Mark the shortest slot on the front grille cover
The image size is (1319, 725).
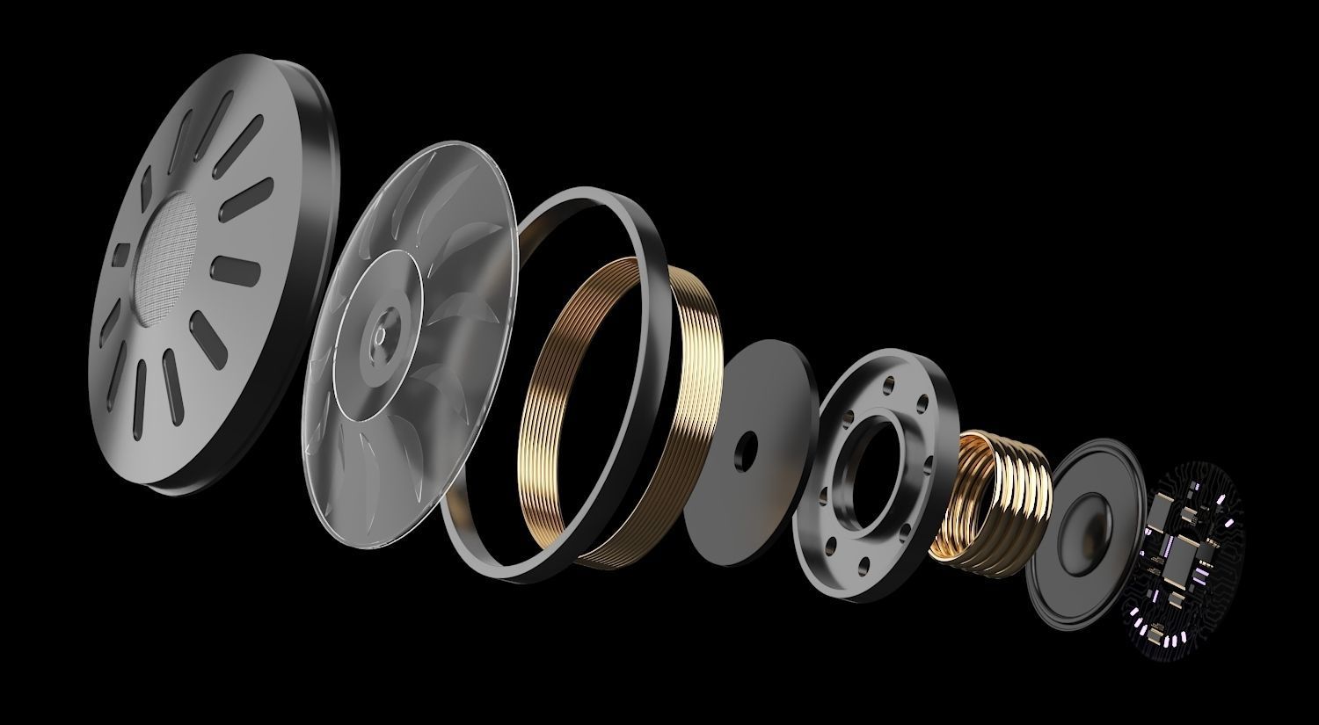coord(120,254)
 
